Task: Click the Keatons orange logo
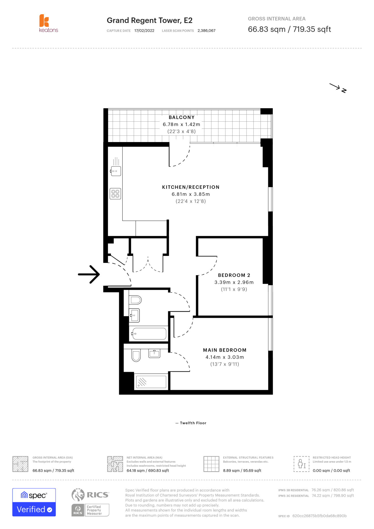pyautogui.click(x=44, y=21)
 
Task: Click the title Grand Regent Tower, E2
pyautogui.click(x=149, y=20)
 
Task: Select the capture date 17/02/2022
pyautogui.click(x=144, y=31)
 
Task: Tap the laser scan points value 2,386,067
pyautogui.click(x=206, y=31)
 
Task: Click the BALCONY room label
pyautogui.click(x=181, y=118)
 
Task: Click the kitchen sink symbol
pyautogui.click(x=116, y=171)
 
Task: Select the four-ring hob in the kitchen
pyautogui.click(x=115, y=194)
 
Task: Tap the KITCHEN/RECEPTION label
pyautogui.click(x=190, y=187)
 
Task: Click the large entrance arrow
pyautogui.click(x=89, y=274)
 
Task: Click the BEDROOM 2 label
pyautogui.click(x=234, y=275)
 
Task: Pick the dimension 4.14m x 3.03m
pyautogui.click(x=225, y=357)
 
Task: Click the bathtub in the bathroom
pyautogui.click(x=149, y=334)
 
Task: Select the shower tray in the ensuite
pyautogui.click(x=151, y=382)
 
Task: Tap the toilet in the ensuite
pyautogui.click(x=136, y=355)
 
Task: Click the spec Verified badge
pyautogui.click(x=34, y=502)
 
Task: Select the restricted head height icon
pyautogui.click(x=301, y=464)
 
